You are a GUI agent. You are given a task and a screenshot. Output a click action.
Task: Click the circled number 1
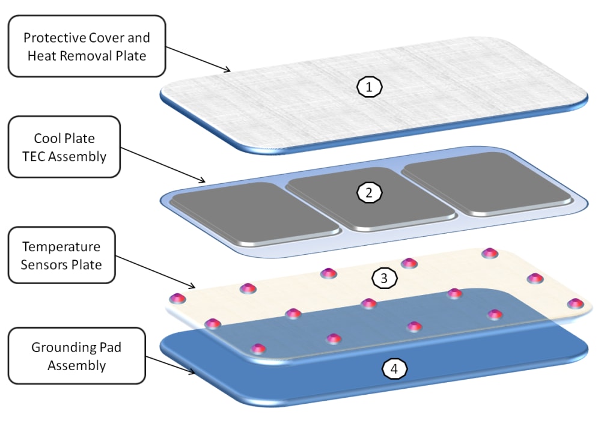(370, 87)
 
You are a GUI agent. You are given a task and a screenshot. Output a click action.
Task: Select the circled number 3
(384, 278)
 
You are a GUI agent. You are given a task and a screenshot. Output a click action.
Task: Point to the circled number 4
(394, 368)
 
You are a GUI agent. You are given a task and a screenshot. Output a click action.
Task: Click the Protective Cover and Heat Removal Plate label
(87, 46)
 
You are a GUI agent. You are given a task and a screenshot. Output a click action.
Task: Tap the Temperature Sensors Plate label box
(61, 255)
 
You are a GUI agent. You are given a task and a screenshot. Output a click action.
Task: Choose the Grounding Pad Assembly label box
(76, 356)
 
